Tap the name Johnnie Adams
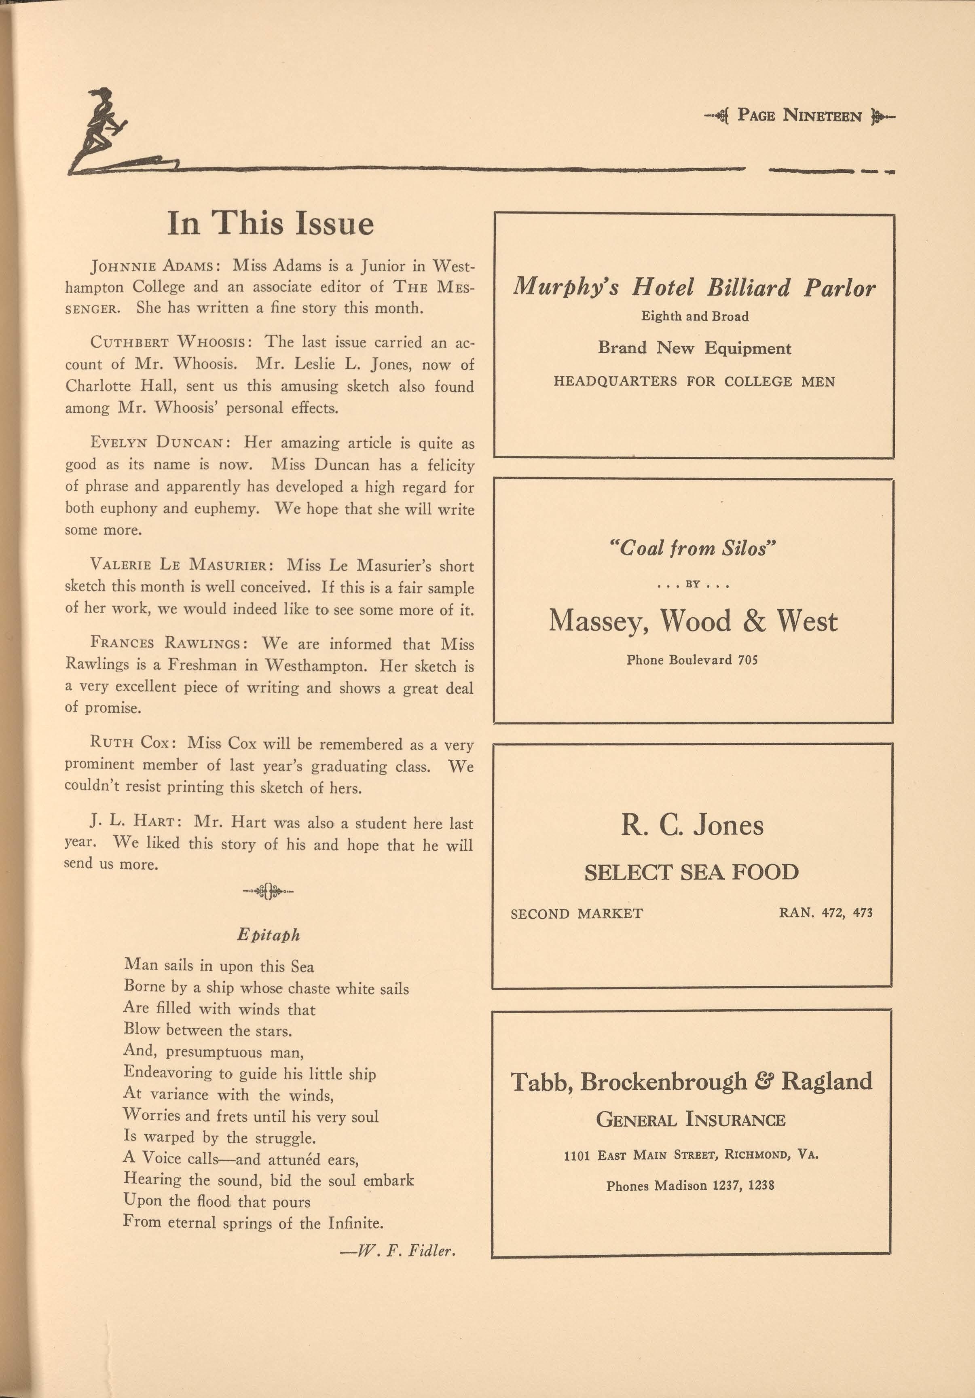click(x=152, y=267)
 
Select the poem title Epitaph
click(x=269, y=935)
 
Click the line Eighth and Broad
click(x=694, y=317)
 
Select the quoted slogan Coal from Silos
click(x=693, y=549)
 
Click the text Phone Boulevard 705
click(x=692, y=660)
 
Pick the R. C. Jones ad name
click(x=692, y=825)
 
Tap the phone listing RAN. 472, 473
click(x=825, y=913)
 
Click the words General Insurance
click(x=691, y=1119)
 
